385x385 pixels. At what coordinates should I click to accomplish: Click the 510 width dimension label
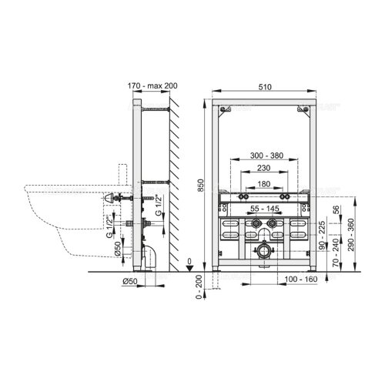(265, 87)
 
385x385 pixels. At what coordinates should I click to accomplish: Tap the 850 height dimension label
(201, 185)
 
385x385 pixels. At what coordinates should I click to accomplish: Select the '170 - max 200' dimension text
(152, 85)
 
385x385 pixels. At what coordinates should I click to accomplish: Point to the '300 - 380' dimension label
(266, 156)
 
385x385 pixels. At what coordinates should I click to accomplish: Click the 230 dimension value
(264, 168)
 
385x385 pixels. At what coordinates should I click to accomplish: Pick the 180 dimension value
(264, 184)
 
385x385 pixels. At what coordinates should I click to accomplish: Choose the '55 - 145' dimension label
(265, 209)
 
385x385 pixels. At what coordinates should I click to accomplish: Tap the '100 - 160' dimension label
(301, 279)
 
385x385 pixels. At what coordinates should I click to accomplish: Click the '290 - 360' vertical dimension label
(351, 235)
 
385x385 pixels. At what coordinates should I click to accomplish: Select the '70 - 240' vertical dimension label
(336, 253)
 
